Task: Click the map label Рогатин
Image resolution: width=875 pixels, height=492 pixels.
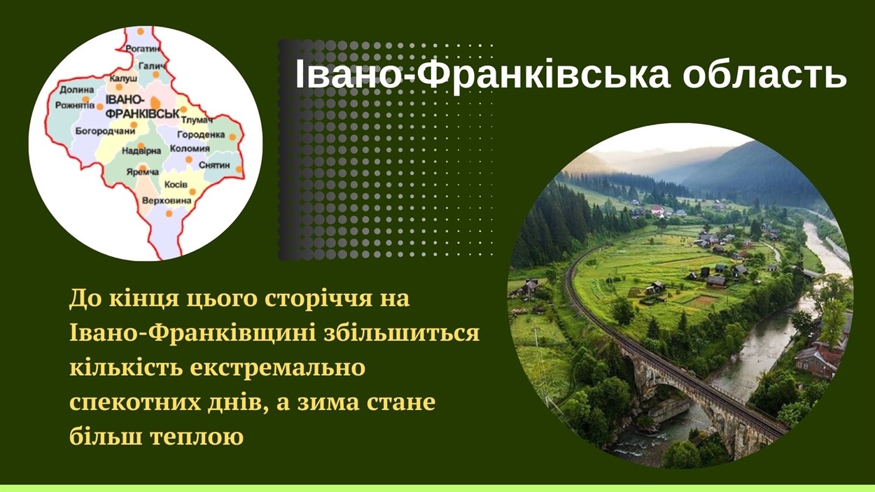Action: click(x=143, y=49)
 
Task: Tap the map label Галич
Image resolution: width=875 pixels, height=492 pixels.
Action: click(x=152, y=66)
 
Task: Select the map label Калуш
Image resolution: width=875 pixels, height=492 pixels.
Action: click(x=123, y=78)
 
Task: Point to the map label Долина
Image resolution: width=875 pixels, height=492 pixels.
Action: click(x=77, y=90)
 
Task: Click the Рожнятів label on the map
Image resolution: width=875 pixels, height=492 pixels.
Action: click(x=75, y=106)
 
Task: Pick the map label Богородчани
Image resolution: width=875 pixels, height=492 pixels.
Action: click(x=105, y=131)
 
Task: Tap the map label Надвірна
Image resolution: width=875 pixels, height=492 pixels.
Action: click(x=141, y=150)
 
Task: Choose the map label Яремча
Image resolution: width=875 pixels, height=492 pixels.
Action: click(x=143, y=171)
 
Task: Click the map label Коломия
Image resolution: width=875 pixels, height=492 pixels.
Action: click(x=190, y=149)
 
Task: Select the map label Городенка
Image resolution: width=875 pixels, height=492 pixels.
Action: click(x=201, y=134)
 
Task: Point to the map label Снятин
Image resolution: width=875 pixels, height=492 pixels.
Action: click(x=214, y=165)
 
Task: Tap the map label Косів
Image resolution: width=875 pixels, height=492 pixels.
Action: click(x=176, y=184)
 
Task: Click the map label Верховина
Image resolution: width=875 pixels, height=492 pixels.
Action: click(x=167, y=201)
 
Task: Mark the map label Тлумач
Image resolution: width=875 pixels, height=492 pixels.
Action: click(x=197, y=120)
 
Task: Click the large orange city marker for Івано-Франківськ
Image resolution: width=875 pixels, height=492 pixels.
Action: click(x=155, y=103)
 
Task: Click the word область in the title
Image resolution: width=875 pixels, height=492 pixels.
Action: click(x=764, y=74)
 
